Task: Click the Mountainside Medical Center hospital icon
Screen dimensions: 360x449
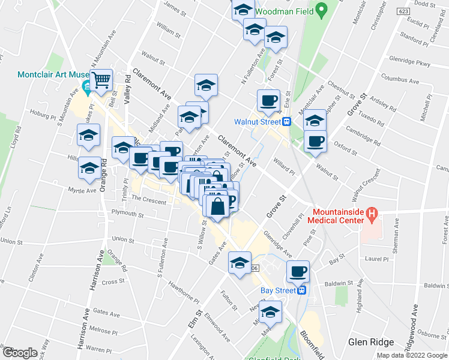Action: tap(372, 213)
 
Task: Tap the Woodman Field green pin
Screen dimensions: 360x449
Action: tap(321, 10)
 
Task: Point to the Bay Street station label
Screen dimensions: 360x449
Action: tap(279, 290)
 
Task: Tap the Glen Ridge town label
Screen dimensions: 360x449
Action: tap(371, 342)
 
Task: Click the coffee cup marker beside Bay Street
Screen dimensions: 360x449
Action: tap(298, 272)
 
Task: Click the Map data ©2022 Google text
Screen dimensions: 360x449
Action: tap(412, 355)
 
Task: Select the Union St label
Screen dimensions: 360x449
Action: tap(13, 241)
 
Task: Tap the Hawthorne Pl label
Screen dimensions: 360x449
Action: tap(184, 293)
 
